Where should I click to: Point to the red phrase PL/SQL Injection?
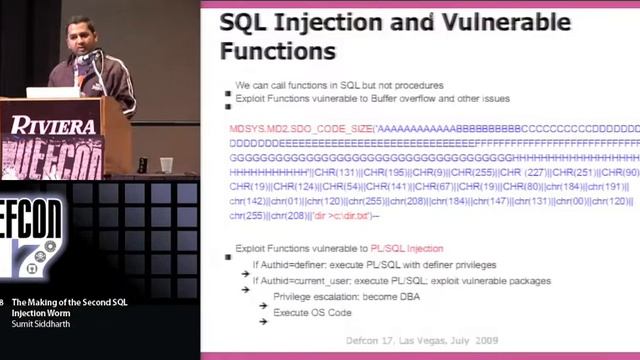(x=412, y=248)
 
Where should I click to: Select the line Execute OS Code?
(x=312, y=313)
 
